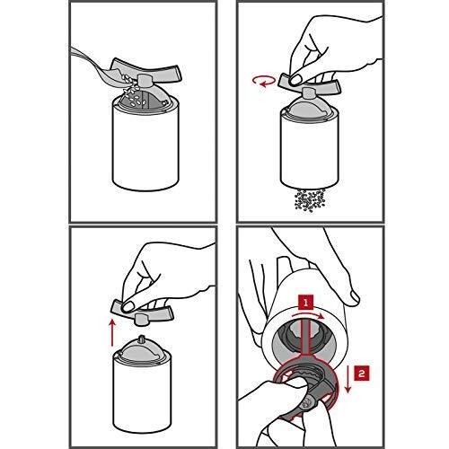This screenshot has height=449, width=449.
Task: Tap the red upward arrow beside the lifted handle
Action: click(112, 332)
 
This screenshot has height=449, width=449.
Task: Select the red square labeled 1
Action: click(305, 303)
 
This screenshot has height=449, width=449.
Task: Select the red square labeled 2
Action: click(362, 373)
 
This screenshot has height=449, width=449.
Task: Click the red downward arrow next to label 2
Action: click(348, 378)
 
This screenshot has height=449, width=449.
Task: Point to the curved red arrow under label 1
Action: click(308, 315)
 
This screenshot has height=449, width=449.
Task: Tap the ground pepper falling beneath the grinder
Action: click(310, 200)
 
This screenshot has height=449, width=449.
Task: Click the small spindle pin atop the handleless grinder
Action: click(141, 340)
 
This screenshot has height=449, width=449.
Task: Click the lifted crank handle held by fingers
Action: click(142, 312)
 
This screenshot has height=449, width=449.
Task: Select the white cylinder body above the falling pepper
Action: click(310, 150)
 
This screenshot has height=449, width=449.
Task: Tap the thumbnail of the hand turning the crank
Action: click(296, 79)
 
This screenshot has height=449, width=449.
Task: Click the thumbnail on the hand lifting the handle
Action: click(128, 306)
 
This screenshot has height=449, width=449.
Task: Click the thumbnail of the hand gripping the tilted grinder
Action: click(354, 296)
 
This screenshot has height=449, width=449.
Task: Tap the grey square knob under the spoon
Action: click(145, 80)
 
